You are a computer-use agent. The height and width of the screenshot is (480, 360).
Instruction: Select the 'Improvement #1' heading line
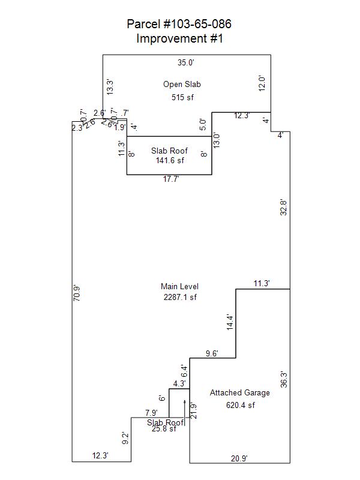pyautogui.click(x=179, y=39)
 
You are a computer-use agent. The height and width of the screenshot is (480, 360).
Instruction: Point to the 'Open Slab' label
pyautogui.click(x=181, y=85)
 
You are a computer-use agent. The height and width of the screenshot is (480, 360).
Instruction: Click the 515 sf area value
pyautogui.click(x=182, y=97)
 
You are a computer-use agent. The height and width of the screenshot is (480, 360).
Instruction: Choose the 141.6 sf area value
pyautogui.click(x=170, y=160)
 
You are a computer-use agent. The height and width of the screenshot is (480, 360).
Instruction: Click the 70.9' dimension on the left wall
pyautogui.click(x=76, y=293)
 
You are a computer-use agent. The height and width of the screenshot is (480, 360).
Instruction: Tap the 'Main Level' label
pyautogui.click(x=179, y=287)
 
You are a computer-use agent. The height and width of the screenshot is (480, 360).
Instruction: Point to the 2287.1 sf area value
pyautogui.click(x=180, y=297)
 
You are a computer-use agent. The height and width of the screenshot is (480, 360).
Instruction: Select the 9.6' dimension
pyautogui.click(x=211, y=353)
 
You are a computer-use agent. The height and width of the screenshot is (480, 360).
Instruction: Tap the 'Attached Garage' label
pyautogui.click(x=239, y=393)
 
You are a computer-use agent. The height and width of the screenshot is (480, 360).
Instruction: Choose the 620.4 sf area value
pyautogui.click(x=241, y=405)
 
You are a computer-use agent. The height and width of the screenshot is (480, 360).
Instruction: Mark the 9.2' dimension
pyautogui.click(x=125, y=439)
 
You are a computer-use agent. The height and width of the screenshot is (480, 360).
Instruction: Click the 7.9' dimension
pyautogui.click(x=151, y=413)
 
